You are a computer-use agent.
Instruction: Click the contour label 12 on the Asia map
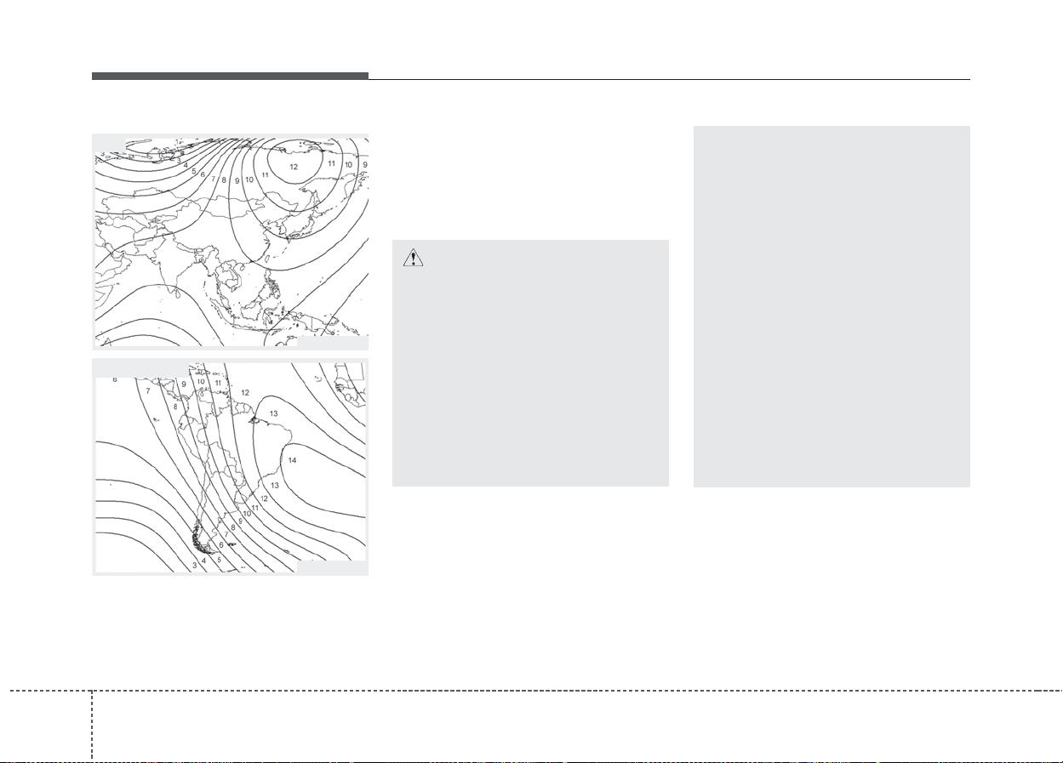294,167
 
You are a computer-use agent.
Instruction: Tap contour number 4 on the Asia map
186,165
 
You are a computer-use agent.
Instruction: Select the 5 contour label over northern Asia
193,171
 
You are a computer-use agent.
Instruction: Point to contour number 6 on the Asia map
203,174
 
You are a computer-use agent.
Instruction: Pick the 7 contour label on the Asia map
213,179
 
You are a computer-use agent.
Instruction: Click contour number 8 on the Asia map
224,180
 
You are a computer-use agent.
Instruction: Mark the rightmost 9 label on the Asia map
365,165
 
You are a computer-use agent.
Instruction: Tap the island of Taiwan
266,259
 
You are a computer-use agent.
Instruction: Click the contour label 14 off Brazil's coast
292,460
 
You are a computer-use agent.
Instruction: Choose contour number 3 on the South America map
194,566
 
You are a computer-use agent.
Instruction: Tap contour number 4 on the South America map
204,561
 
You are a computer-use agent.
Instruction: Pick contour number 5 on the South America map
220,560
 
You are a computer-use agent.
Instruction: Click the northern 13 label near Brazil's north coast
274,413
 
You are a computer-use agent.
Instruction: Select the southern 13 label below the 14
275,485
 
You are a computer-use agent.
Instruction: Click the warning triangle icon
413,258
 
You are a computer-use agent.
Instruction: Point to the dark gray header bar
230,77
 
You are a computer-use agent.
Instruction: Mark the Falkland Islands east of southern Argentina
231,544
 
